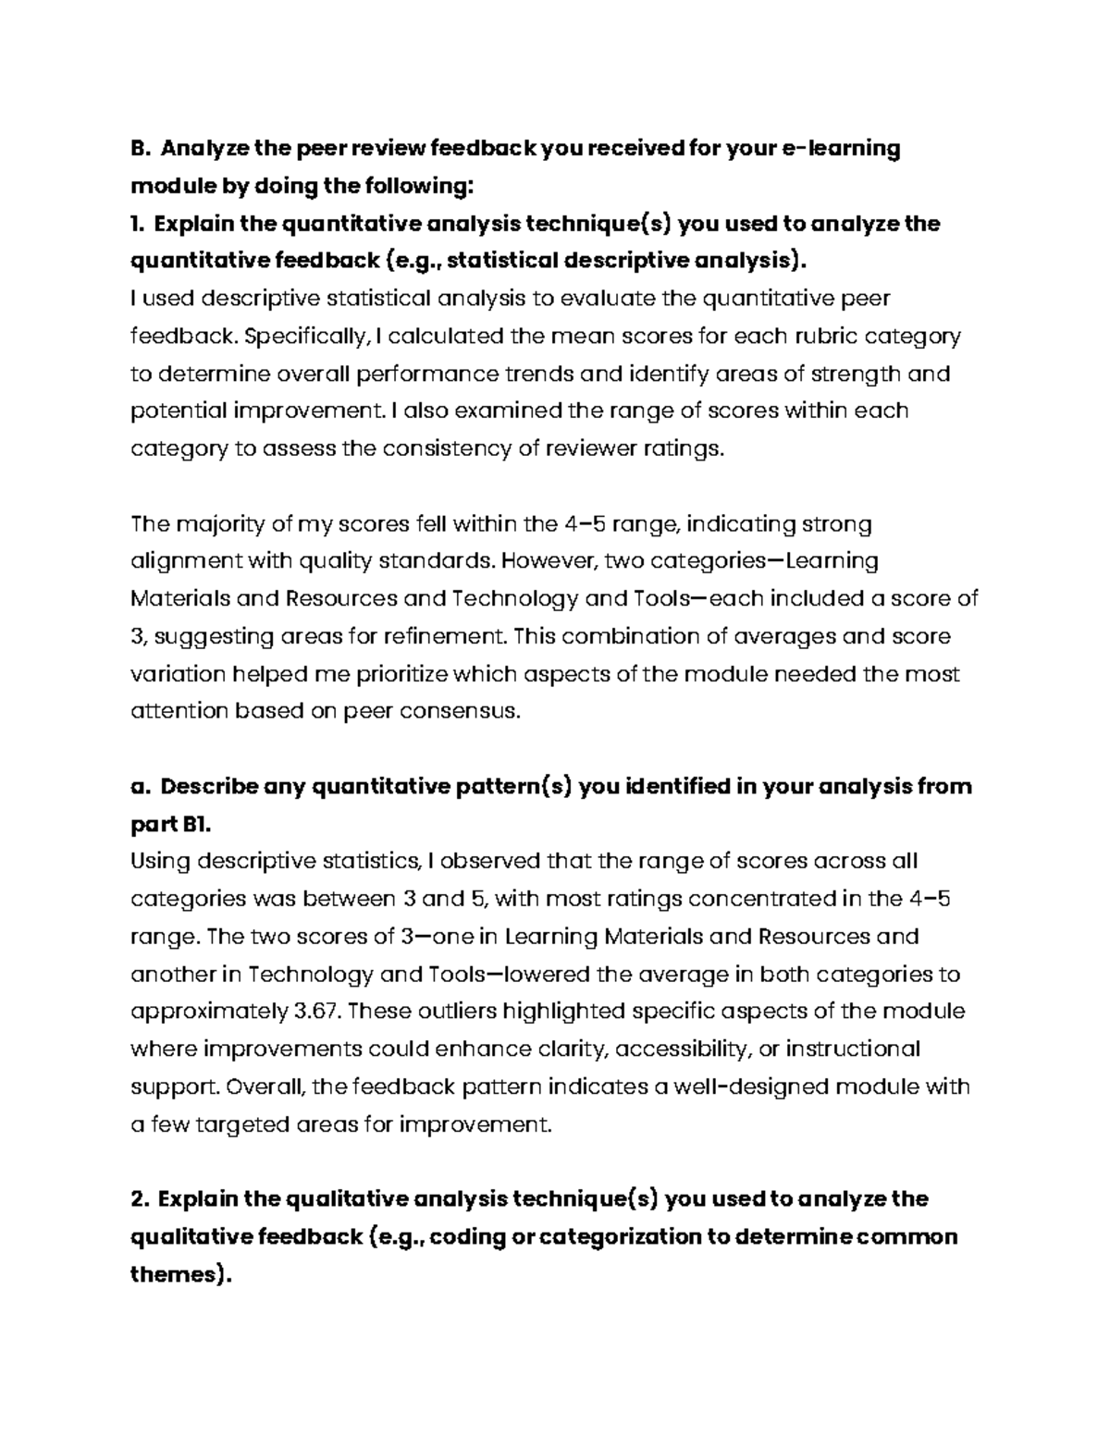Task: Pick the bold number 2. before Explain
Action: click(x=141, y=1199)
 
